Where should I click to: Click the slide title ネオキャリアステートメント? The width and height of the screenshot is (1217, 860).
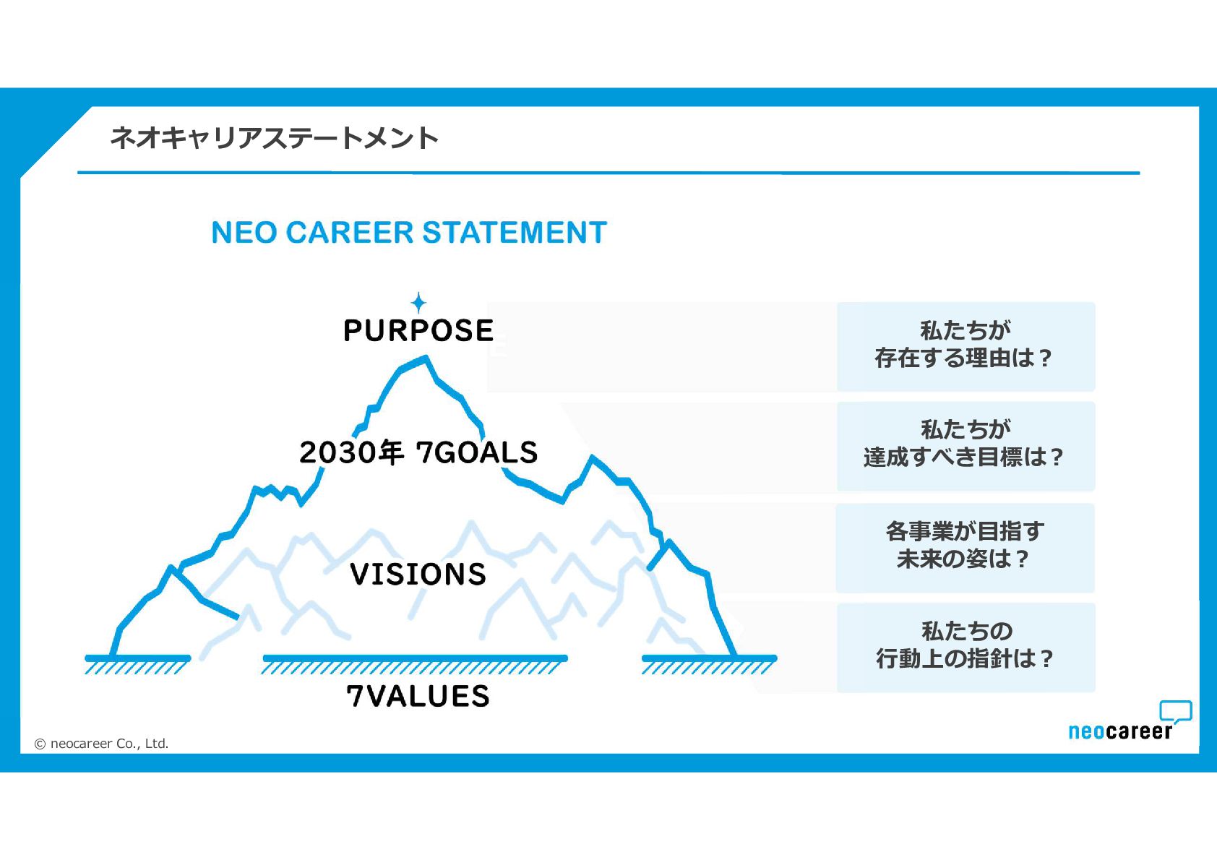(275, 137)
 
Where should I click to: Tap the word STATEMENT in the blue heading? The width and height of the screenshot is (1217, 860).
(515, 233)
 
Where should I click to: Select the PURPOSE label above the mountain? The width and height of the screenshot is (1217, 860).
(418, 330)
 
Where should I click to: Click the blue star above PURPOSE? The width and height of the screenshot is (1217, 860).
(418, 302)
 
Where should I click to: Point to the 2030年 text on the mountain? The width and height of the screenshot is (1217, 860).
(351, 452)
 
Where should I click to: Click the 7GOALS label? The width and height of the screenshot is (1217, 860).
(477, 452)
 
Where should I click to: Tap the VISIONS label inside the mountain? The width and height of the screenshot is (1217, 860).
(418, 574)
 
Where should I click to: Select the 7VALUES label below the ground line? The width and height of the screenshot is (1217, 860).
(418, 696)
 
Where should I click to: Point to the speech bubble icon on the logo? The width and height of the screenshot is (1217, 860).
(1176, 711)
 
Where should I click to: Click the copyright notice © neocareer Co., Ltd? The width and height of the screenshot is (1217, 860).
(102, 743)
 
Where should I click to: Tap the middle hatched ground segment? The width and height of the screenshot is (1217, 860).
(415, 663)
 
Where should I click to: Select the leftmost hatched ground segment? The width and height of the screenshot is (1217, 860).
(137, 663)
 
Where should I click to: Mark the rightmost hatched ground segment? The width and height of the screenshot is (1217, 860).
(708, 663)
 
